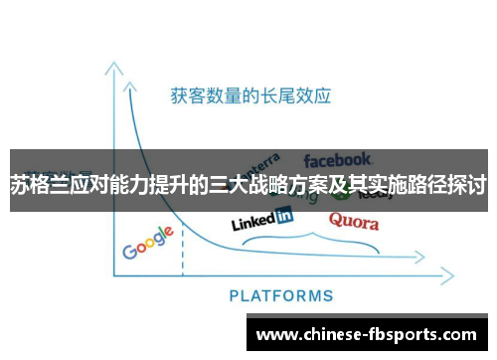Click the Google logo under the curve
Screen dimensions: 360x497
click(148, 243)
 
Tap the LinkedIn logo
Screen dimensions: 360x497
click(261, 219)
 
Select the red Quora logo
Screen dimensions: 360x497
click(354, 220)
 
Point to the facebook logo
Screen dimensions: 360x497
click(337, 158)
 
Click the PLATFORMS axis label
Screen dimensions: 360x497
click(281, 295)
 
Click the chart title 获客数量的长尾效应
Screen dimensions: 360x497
click(249, 96)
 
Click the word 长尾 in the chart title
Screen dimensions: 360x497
click(279, 96)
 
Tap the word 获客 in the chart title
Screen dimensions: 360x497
click(181, 96)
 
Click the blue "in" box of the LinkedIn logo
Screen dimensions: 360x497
click(283, 214)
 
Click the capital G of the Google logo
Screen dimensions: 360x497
click(130, 250)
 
